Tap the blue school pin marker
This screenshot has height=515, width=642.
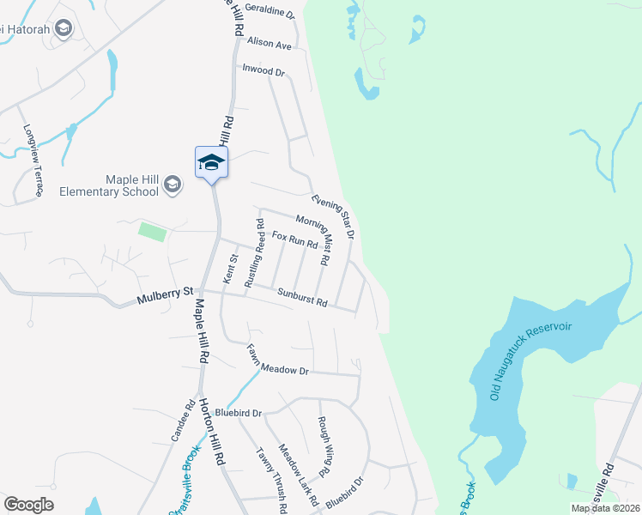coord(211,162)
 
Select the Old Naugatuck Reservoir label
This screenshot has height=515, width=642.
coord(530,361)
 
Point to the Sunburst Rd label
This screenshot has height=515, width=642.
coord(302,297)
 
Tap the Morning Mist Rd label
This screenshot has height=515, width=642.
coord(312,239)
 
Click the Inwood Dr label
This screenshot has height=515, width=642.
coord(263,70)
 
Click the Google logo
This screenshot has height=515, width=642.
coord(28,505)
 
